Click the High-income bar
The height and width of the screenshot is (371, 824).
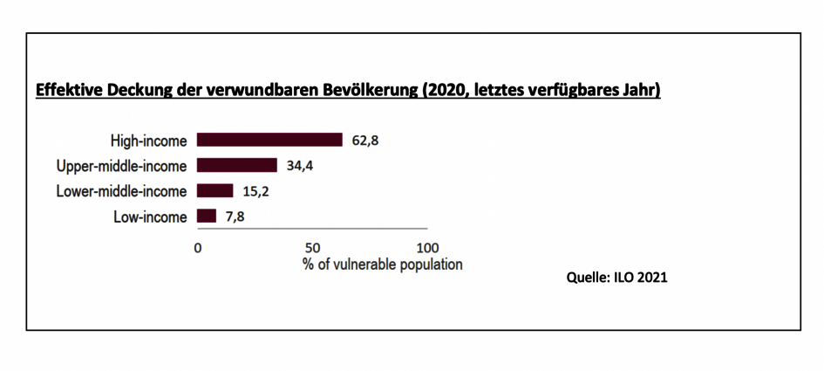pos(269,140)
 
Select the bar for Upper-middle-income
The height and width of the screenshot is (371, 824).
pos(237,165)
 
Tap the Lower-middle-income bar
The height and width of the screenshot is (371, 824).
pos(215,190)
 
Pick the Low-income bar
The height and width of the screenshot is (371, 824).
pos(207,216)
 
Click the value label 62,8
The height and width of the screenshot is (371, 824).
pos(365,141)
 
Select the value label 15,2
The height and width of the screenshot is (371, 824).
pos(256,191)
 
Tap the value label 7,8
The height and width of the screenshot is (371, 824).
pos(235,216)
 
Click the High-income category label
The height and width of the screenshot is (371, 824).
pos(148,141)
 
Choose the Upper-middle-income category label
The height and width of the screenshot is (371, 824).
pos(121,166)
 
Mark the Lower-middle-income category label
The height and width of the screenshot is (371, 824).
pos(121,191)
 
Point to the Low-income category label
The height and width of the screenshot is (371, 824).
pos(150,216)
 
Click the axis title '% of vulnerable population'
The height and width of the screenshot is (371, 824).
pos(383,265)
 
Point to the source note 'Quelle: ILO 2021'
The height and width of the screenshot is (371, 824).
pos(616,278)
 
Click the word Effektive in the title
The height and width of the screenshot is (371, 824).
pos(65,91)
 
